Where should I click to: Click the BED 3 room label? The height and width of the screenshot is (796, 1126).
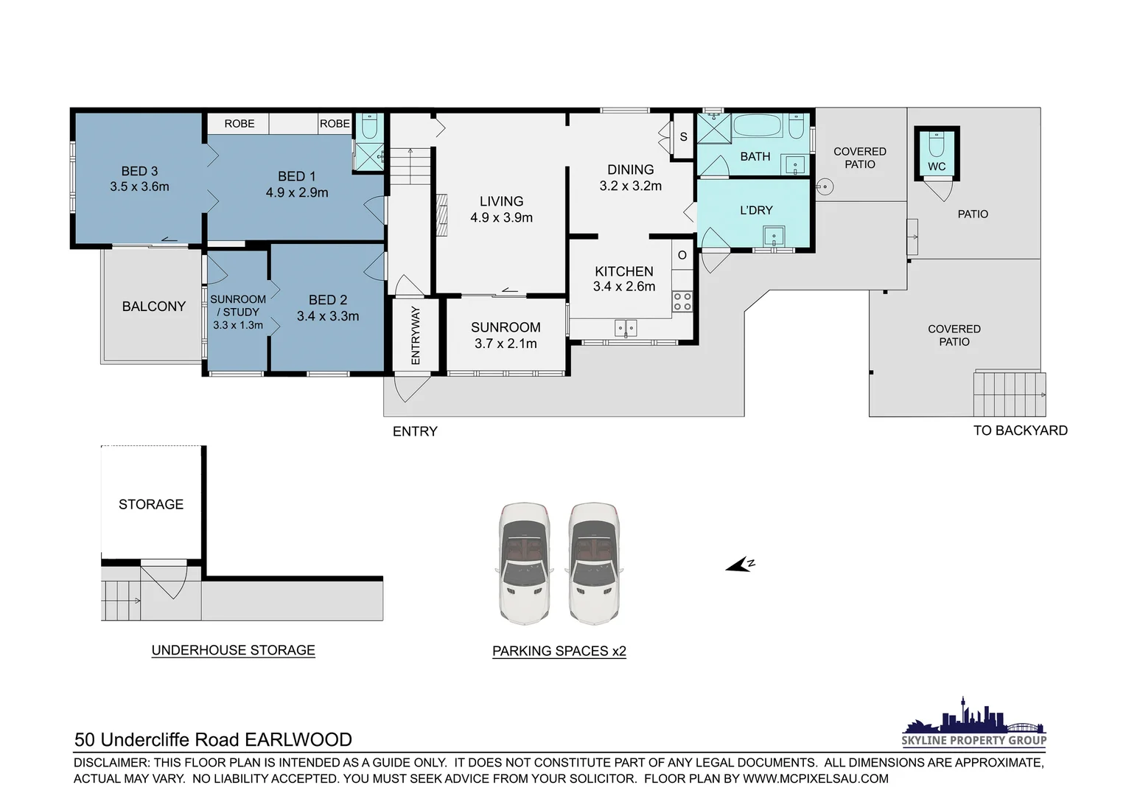click(x=139, y=171)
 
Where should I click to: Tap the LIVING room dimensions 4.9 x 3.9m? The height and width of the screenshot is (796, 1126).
click(x=501, y=217)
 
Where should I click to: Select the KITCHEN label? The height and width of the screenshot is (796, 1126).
click(x=623, y=271)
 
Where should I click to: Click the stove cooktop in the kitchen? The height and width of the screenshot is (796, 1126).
click(x=682, y=301)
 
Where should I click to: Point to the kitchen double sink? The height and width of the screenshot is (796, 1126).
click(x=626, y=327)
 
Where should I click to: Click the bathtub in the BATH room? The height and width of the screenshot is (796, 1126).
click(x=758, y=126)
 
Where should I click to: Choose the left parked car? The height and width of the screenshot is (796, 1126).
click(x=524, y=564)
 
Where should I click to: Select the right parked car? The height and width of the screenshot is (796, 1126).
click(x=594, y=564)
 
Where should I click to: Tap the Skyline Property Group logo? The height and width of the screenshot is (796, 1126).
click(x=973, y=723)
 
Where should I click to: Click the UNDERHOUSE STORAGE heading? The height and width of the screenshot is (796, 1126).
click(x=233, y=650)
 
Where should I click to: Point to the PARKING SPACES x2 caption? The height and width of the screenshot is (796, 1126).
click(x=559, y=651)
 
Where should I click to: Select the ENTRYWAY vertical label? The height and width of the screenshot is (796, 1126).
click(x=415, y=335)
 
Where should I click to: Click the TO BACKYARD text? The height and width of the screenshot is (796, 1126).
click(x=1020, y=430)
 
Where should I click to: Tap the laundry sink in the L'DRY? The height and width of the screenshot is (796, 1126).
click(x=774, y=237)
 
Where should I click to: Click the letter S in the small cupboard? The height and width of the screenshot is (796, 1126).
click(x=683, y=136)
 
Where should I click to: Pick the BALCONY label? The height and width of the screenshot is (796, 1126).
click(x=153, y=306)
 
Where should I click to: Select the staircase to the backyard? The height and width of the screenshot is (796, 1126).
click(x=1009, y=394)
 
